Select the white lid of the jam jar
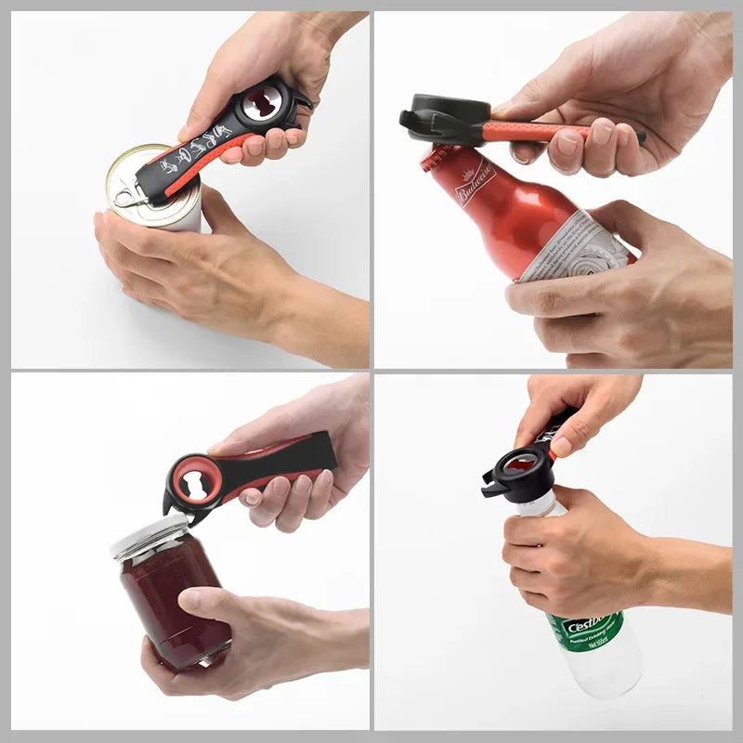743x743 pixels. (x=149, y=537)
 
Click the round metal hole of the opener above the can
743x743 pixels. (x=263, y=105)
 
